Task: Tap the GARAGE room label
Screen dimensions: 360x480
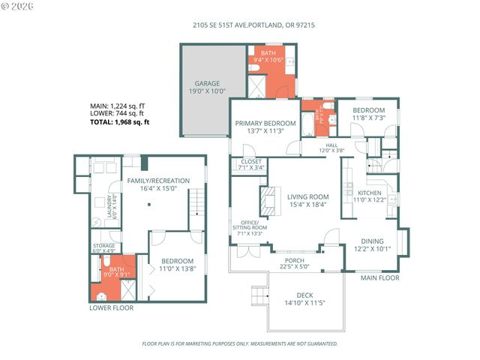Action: [x=207, y=84]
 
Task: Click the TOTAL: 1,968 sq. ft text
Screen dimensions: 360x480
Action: [x=119, y=121]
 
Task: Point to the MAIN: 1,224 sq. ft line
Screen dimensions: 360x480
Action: [x=117, y=106]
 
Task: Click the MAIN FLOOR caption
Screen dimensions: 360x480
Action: [x=380, y=277]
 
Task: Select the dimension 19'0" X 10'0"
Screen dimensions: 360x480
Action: [x=207, y=90]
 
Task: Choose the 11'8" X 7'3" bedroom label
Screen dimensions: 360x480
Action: [x=369, y=118]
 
